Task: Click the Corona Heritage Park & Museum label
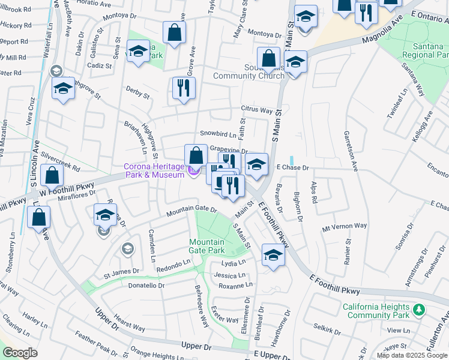coord(154,170)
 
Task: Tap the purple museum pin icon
coord(193,172)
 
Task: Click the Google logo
coord(20,353)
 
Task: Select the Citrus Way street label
coord(257,110)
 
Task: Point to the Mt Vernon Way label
coord(344,226)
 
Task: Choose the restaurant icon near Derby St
coord(181,88)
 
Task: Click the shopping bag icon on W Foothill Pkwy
coord(52,176)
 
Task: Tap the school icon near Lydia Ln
coord(273,256)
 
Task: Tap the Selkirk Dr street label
coord(327,327)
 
